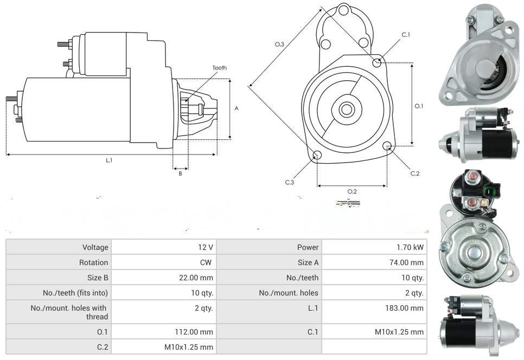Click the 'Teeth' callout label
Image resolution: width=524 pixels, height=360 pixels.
click(x=219, y=68)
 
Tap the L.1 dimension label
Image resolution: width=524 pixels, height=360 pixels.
click(x=109, y=160)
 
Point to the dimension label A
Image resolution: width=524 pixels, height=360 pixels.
click(x=237, y=108)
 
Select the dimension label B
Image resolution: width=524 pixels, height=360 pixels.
click(x=181, y=173)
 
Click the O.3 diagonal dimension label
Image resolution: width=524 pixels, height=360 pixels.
click(x=280, y=45)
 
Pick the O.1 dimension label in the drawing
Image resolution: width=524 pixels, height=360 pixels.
click(x=419, y=106)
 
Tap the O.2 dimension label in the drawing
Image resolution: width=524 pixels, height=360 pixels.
click(x=352, y=191)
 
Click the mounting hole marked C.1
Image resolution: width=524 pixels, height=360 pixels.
click(x=378, y=63)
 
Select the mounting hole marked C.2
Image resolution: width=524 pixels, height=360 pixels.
click(x=387, y=146)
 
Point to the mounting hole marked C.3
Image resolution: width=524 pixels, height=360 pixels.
click(x=317, y=156)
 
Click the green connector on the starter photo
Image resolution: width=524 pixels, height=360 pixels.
click(x=491, y=191)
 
